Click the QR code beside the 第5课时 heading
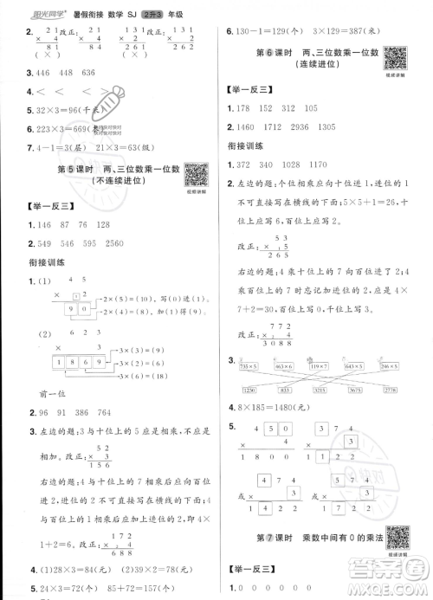click(x=197, y=174)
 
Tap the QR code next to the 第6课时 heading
click(x=396, y=59)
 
